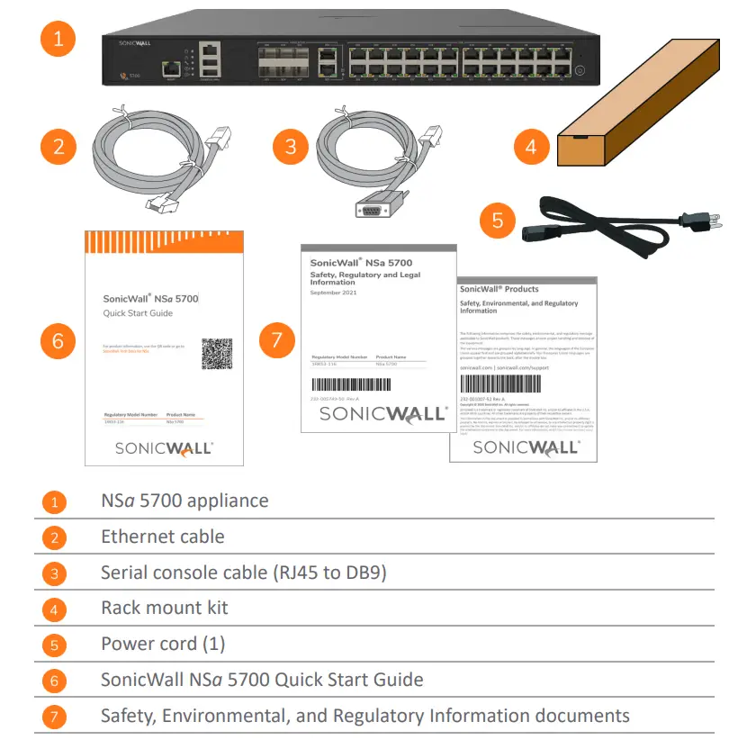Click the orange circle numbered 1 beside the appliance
(58, 39)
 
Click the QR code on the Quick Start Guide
(217, 354)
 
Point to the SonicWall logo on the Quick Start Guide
(163, 447)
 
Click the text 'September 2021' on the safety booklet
(334, 293)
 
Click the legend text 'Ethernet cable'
(163, 537)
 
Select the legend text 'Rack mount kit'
(165, 609)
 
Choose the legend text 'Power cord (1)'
(163, 645)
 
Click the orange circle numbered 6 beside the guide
(58, 341)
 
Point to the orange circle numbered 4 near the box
(531, 146)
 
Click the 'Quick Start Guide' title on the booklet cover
(138, 313)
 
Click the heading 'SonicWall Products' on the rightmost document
(499, 289)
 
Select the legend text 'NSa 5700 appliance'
(184, 501)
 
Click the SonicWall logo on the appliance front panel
(134, 42)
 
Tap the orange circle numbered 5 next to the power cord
(498, 219)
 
